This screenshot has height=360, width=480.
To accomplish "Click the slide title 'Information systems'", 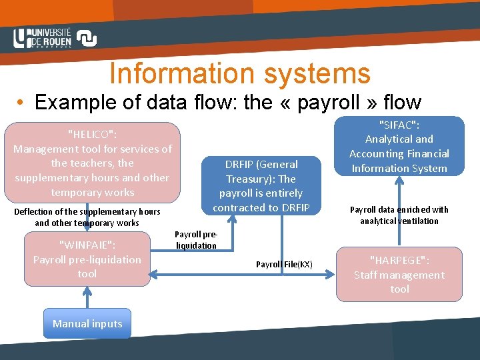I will click(x=239, y=73).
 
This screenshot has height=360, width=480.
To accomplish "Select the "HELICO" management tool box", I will click(x=93, y=162).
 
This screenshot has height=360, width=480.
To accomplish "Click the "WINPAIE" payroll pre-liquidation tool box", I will click(x=87, y=259).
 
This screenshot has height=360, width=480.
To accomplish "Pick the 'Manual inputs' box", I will click(x=87, y=324).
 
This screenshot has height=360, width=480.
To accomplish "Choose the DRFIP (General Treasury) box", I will click(x=261, y=185).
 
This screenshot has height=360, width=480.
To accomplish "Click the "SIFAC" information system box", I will click(x=399, y=146).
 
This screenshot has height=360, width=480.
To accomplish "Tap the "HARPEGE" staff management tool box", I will click(x=399, y=274).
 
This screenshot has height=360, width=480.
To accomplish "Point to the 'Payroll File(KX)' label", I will click(x=283, y=265).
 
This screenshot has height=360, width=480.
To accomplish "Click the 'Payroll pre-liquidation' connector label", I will click(x=196, y=239).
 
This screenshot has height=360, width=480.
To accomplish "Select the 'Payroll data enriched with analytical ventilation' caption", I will click(x=399, y=215).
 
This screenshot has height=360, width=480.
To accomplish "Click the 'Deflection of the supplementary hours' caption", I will click(x=87, y=217).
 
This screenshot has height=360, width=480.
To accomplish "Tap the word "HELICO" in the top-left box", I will click(x=93, y=134).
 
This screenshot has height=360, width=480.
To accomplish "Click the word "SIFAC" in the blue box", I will click(x=399, y=125).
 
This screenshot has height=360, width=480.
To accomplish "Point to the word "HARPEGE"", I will click(x=399, y=260).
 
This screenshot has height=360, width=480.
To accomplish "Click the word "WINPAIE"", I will click(x=87, y=245).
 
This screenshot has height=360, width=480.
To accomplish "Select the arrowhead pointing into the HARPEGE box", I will click(x=329, y=272).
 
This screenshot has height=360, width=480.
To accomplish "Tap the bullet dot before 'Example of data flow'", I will click(x=22, y=103).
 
